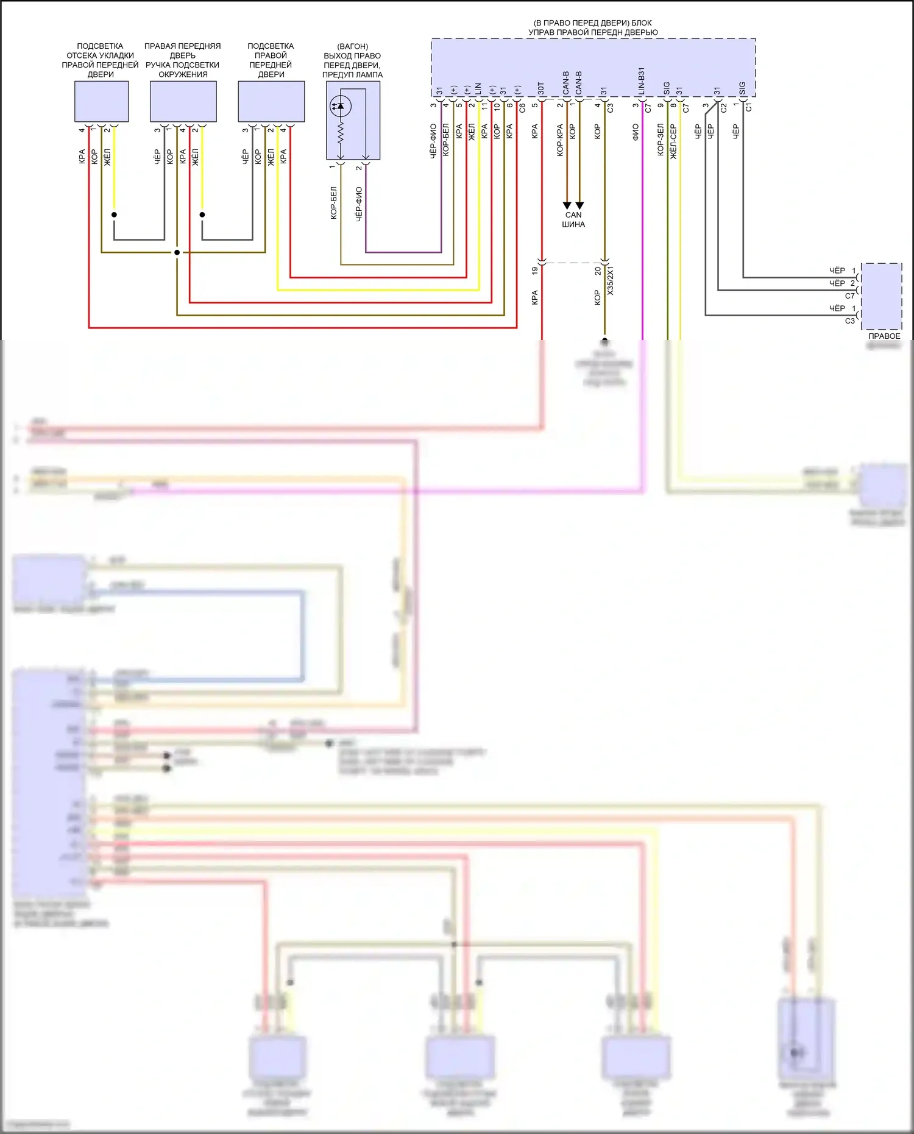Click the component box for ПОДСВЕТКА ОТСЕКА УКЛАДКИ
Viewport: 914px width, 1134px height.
click(x=101, y=101)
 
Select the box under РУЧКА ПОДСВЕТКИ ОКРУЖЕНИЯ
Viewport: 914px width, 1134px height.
click(x=183, y=101)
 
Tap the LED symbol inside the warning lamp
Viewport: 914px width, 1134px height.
click(x=339, y=106)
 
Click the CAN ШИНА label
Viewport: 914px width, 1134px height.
click(x=573, y=219)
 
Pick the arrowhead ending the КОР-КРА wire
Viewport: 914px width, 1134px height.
click(x=567, y=205)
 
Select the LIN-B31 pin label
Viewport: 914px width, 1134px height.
click(x=641, y=81)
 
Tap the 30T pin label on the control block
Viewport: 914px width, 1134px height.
click(x=540, y=88)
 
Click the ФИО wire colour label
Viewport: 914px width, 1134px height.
click(x=636, y=132)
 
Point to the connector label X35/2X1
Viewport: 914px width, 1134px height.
click(x=611, y=280)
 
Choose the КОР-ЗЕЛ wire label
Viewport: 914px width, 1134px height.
click(x=661, y=140)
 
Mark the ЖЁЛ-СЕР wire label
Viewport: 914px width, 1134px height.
click(x=673, y=141)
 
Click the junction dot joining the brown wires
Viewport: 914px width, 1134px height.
click(x=177, y=252)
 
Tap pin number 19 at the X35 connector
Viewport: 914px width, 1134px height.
click(x=534, y=270)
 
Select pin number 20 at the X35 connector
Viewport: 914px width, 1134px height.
click(x=597, y=270)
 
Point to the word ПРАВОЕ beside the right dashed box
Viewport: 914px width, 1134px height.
click(x=884, y=336)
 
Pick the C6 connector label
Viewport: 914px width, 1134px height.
click(x=522, y=108)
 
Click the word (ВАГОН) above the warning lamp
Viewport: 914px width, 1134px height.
click(x=352, y=46)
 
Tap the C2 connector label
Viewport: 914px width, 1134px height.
click(x=723, y=108)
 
